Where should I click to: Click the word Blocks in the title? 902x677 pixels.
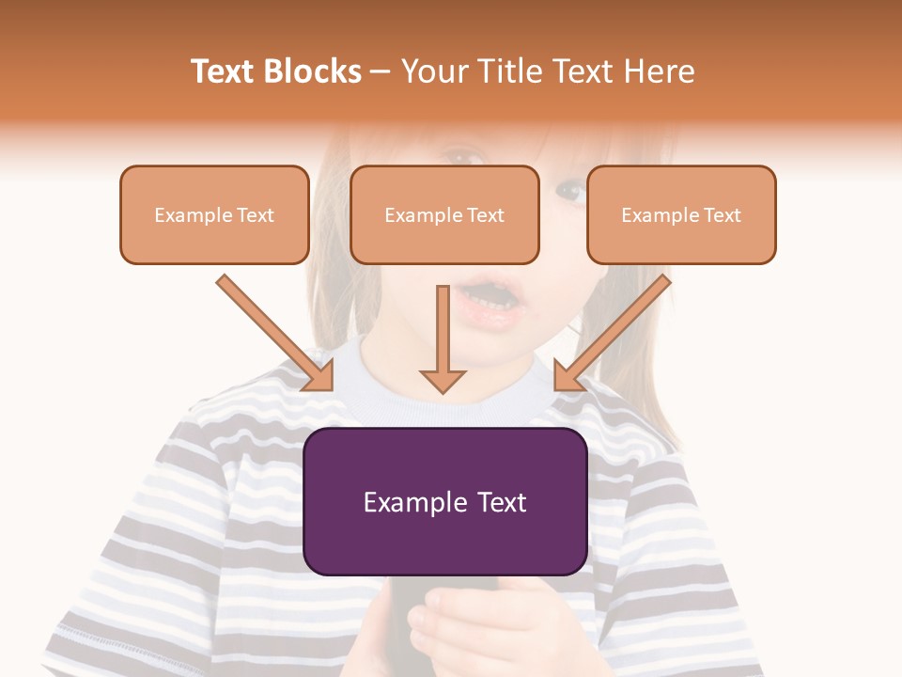(x=312, y=71)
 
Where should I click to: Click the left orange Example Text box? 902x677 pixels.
(x=214, y=214)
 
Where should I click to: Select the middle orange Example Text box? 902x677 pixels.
(x=444, y=214)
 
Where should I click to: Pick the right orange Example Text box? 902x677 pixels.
(x=681, y=214)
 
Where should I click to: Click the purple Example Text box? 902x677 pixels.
(x=444, y=501)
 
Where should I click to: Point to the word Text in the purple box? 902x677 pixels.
(x=497, y=502)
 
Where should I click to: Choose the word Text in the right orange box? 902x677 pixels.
(x=722, y=215)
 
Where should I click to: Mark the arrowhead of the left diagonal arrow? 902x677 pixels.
(x=319, y=375)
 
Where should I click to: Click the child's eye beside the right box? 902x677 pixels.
(x=569, y=191)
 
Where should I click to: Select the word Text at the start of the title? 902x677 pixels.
(x=224, y=71)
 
